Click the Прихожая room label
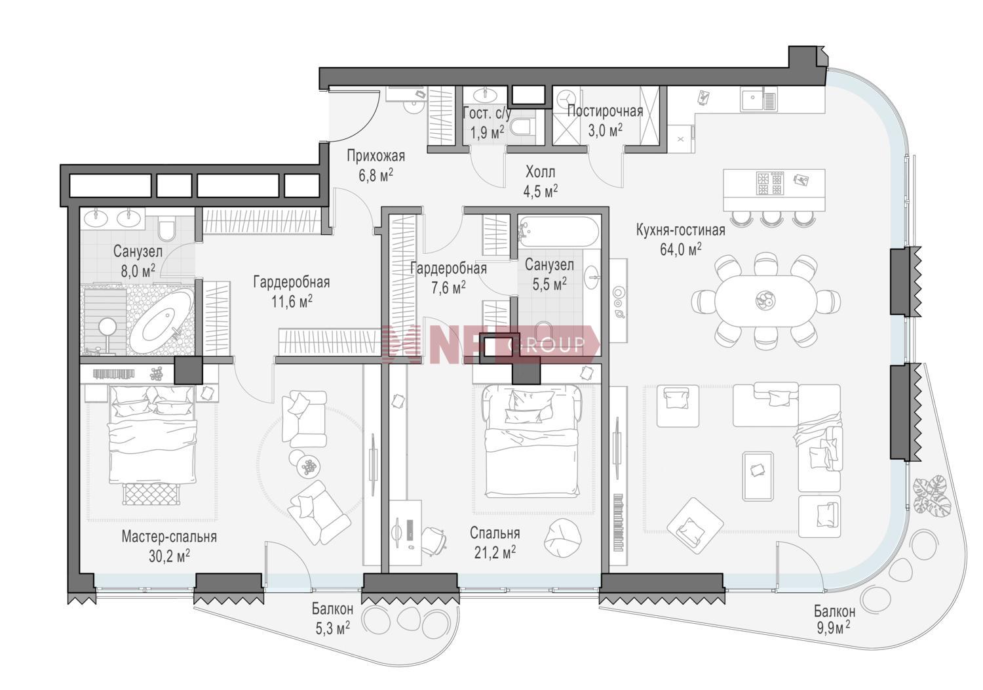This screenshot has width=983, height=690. [x=376, y=156]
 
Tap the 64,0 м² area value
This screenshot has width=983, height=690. [x=681, y=249]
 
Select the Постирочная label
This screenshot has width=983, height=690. [x=605, y=111]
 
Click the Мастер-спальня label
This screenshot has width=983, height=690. [x=169, y=537]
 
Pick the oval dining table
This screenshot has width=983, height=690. [x=766, y=300]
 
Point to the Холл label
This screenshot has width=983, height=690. [x=540, y=172]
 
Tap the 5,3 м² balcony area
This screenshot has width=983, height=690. [x=333, y=628]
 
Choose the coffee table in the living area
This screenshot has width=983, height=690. [x=758, y=476]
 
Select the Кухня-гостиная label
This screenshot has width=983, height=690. [x=681, y=230]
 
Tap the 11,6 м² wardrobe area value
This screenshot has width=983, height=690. [x=292, y=302]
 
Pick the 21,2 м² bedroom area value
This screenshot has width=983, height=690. [x=495, y=552]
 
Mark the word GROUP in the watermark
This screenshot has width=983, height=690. [x=546, y=345]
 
